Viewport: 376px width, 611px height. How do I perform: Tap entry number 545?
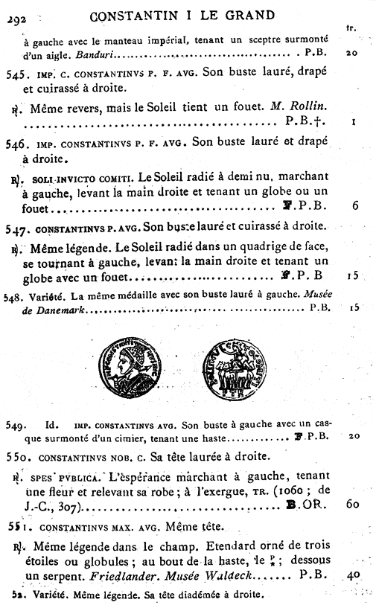16,74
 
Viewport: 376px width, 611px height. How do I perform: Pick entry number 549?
15,426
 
